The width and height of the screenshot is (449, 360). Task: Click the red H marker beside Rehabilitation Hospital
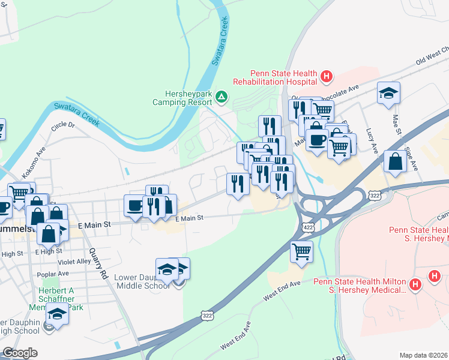pos(326,76)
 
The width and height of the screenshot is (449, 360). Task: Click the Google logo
pos(20,353)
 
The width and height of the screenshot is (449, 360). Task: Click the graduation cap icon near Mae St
pos(388,93)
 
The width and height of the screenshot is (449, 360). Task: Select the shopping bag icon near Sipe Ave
pos(396,161)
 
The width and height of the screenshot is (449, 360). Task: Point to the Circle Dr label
pos(63,126)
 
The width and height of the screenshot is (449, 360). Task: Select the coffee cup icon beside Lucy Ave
pos(317,140)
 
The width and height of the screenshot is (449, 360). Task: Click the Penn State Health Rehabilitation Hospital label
pos(275,77)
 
